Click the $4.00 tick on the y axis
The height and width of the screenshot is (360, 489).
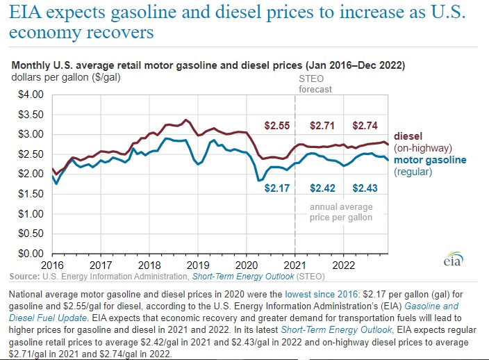[31, 94]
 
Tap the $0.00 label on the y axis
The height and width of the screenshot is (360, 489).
[31, 253]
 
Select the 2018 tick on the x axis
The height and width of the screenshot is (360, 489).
[150, 265]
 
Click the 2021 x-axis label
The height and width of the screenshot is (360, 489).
[297, 265]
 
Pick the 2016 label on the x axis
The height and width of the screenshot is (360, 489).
[53, 265]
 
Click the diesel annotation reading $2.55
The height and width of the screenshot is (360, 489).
[277, 126]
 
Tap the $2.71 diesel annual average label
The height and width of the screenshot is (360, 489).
[322, 126]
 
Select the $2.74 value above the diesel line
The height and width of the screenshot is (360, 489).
[365, 126]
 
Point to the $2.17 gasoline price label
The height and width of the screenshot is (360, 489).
[277, 188]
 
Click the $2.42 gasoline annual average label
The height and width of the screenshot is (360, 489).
[322, 188]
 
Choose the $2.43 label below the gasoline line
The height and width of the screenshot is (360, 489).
[365, 188]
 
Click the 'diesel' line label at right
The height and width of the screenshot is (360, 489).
[408, 136]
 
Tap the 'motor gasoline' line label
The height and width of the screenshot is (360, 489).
[430, 160]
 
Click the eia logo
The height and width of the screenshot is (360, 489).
[451, 259]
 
